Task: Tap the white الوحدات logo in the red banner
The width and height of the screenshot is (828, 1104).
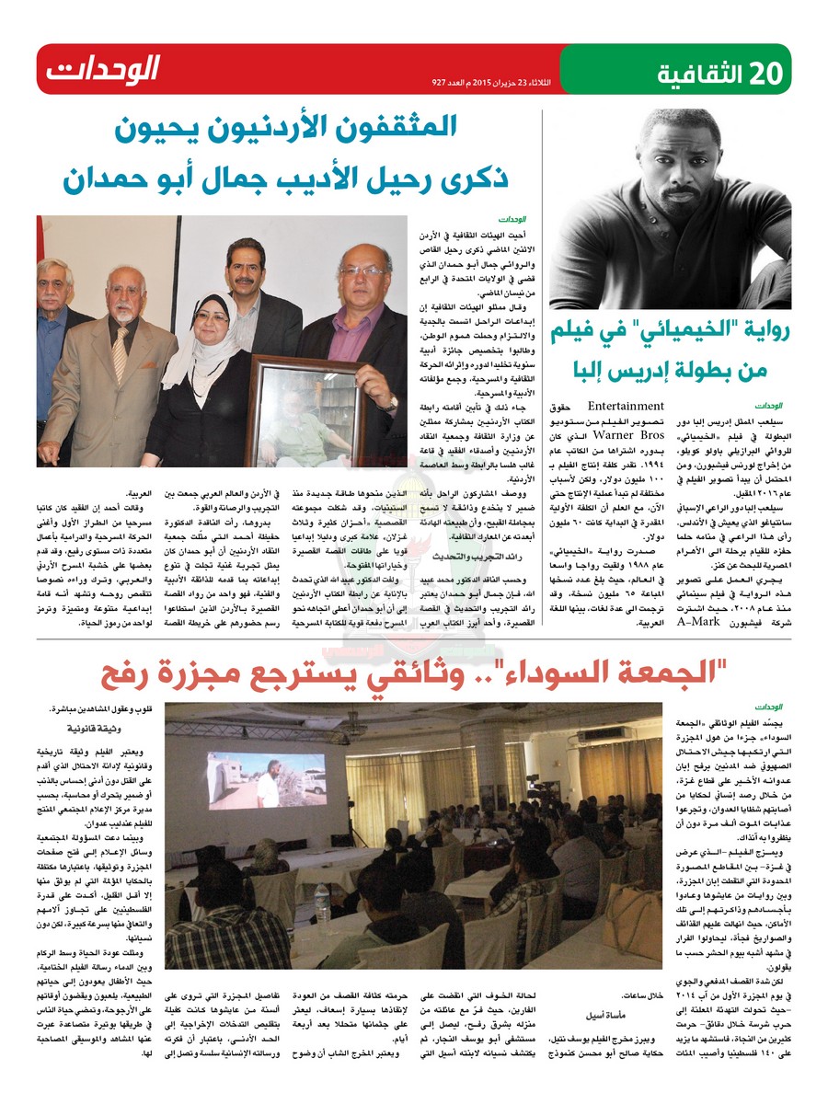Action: point(103,69)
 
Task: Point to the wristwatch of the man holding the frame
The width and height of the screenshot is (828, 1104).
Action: point(394,402)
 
